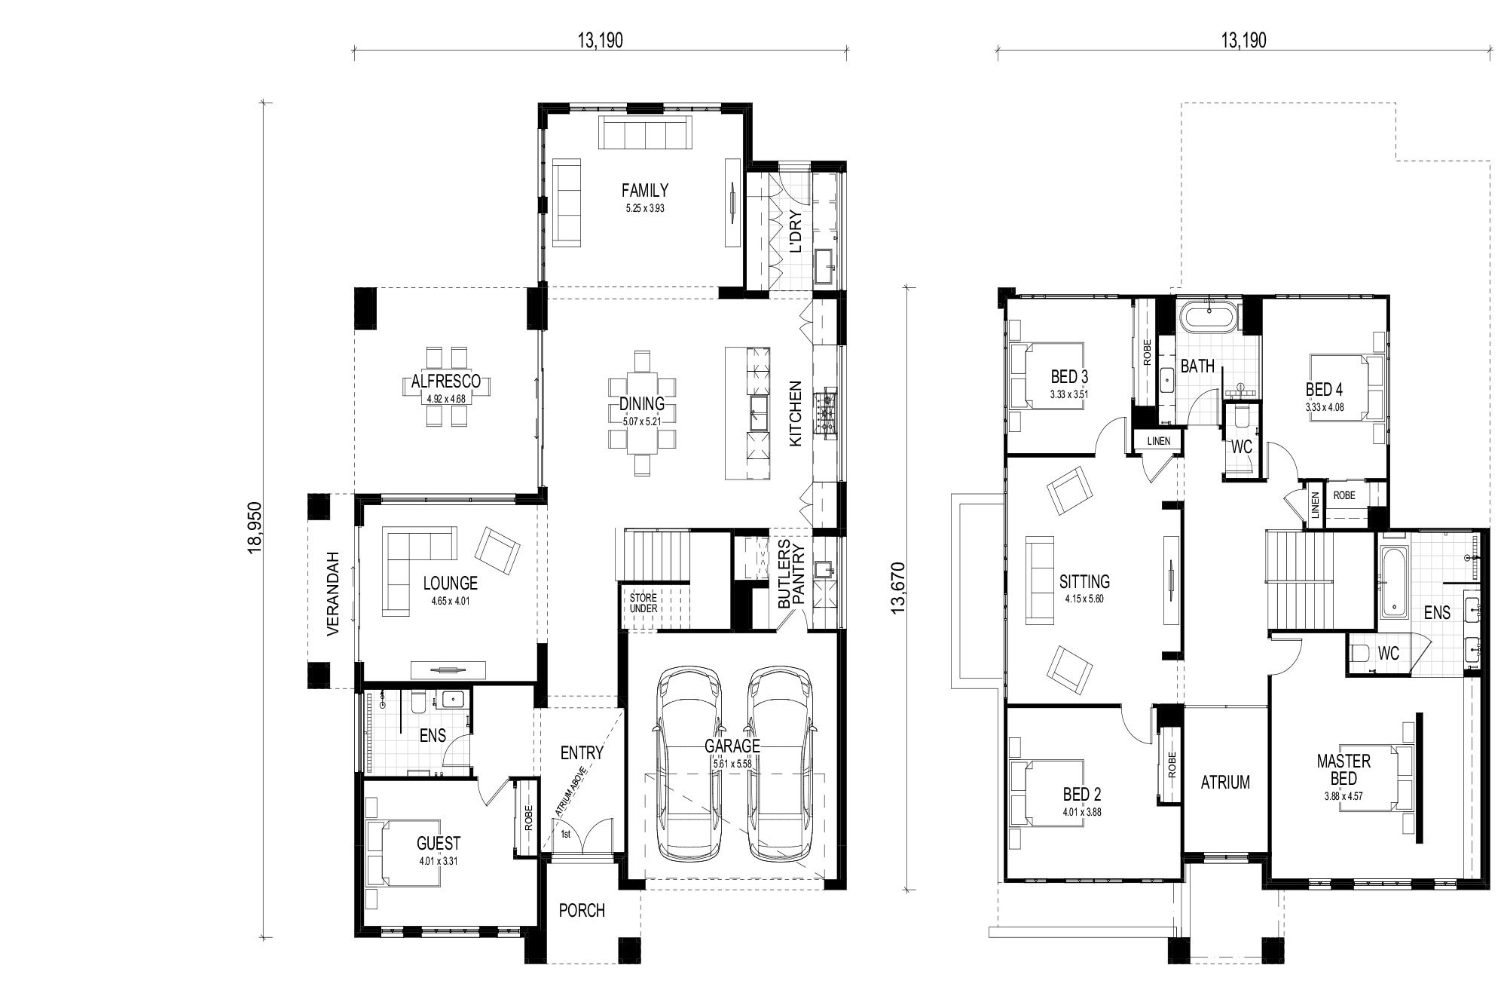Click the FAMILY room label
pos(644,190)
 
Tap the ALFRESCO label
pos(447,382)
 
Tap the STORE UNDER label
pos(644,602)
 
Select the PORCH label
pos(582,911)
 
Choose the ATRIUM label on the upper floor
pos(1225,783)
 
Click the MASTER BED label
pos(1343,771)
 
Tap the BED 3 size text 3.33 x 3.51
pos(1068,394)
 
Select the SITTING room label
pos(1084,581)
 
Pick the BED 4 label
pos(1324,390)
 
